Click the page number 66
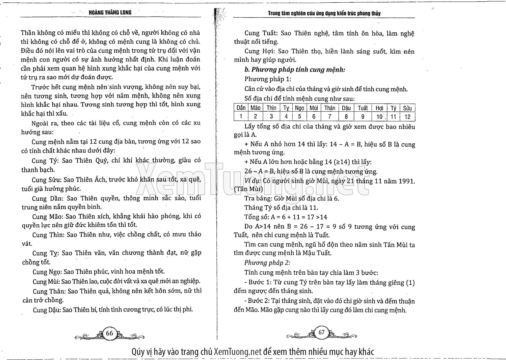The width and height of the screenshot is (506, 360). click(x=109, y=333)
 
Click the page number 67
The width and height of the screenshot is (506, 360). click(x=321, y=332)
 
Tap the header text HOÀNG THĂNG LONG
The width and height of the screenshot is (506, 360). click(x=110, y=12)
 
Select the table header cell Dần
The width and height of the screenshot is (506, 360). click(x=241, y=108)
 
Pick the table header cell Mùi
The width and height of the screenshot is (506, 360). click(x=314, y=108)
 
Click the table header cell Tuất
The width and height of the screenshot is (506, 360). click(x=363, y=108)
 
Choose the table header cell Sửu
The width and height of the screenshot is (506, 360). click(x=407, y=108)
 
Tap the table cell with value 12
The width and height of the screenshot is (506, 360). click(x=407, y=117)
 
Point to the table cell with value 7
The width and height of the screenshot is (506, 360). click(x=329, y=117)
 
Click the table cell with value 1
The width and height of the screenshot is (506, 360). click(x=241, y=117)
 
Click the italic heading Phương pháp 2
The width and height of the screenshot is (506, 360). click(x=267, y=262)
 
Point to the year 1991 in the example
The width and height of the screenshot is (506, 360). click(x=407, y=181)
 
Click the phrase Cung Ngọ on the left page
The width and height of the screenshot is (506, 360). click(x=47, y=272)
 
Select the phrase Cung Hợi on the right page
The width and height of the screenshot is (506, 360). click(x=257, y=51)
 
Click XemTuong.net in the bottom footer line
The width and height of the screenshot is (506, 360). click(x=238, y=352)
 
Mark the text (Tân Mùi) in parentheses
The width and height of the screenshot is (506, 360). click(x=248, y=189)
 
